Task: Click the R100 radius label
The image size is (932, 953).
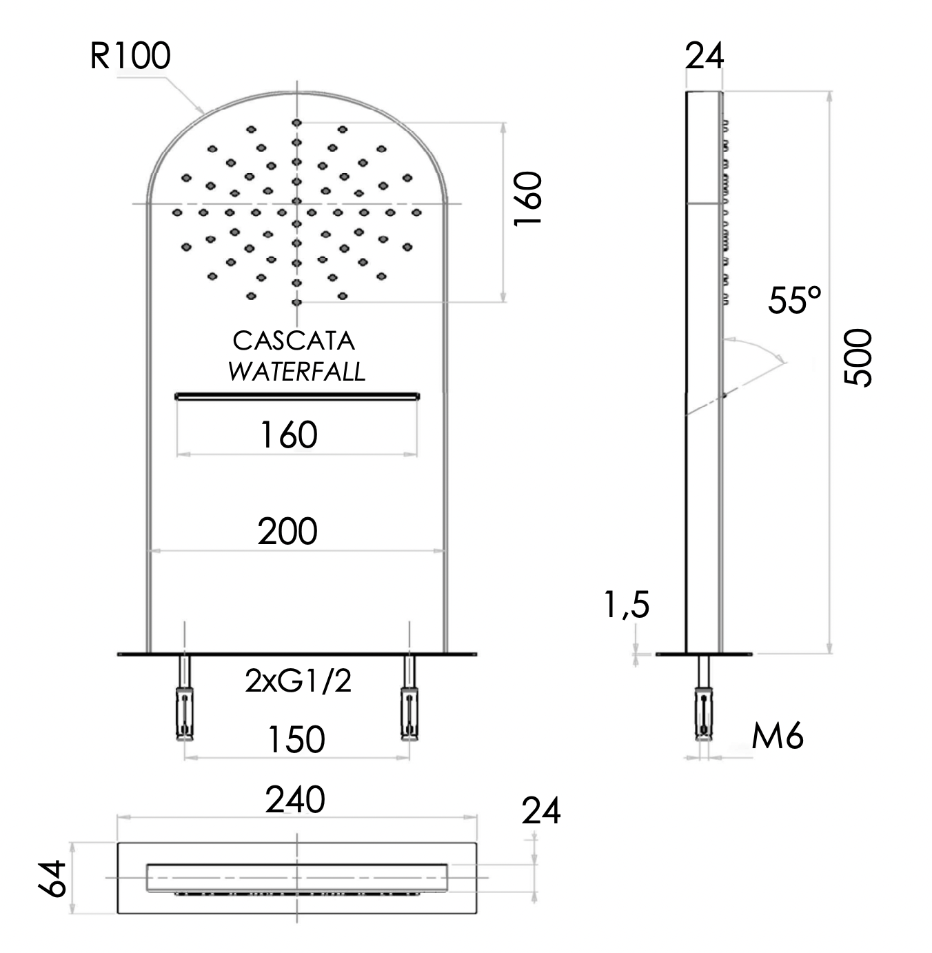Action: [x=130, y=57]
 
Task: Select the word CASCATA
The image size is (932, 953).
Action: [x=294, y=341]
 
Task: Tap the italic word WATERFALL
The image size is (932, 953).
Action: [x=296, y=372]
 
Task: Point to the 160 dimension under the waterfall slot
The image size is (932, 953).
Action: [x=288, y=435]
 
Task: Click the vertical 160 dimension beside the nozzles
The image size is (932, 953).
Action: [x=529, y=199]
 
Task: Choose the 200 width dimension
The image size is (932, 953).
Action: [x=287, y=532]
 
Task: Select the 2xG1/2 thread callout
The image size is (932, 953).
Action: [x=298, y=682]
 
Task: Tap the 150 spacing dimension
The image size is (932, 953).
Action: [x=296, y=740]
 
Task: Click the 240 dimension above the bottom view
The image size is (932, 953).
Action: [x=296, y=800]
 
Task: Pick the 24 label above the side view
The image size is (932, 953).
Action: [x=704, y=57]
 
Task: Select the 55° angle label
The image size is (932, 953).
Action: [x=795, y=301]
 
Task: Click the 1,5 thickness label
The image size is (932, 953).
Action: [x=627, y=605]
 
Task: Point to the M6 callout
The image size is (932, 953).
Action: [x=777, y=737]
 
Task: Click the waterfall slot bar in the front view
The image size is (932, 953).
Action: [x=297, y=396]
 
